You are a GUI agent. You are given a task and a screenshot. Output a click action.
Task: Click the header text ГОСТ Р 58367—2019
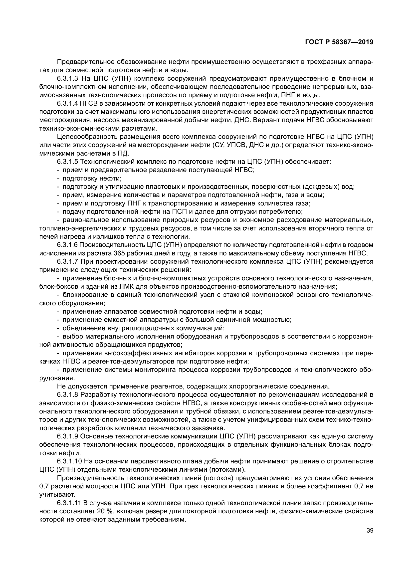[x=339, y=42]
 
